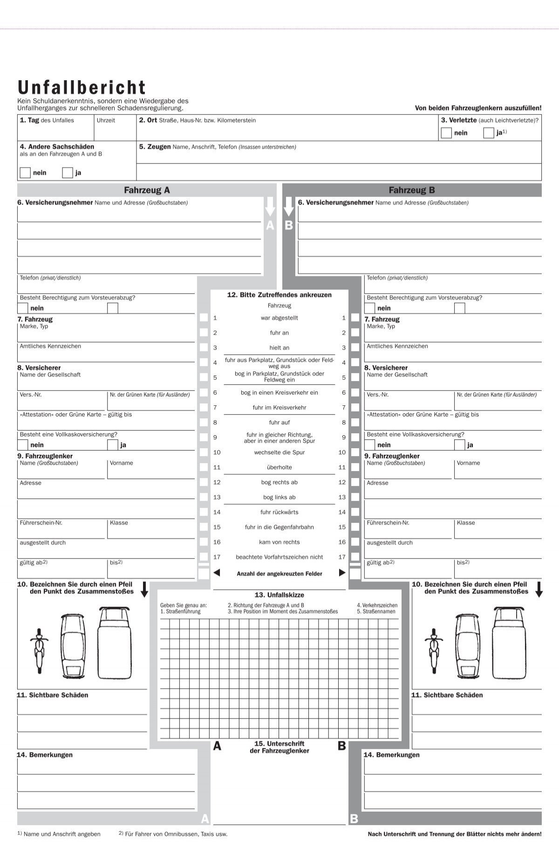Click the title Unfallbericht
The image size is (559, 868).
82,88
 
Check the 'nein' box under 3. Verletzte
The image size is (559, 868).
446,133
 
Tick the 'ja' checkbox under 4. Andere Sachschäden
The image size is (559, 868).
68,173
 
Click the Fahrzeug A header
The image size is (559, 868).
147,190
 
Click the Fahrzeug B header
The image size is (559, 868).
412,190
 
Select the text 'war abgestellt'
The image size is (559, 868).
279,318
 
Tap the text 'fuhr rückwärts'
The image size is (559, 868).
279,513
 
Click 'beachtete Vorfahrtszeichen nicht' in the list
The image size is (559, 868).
279,557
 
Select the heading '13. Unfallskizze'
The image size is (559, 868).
279,595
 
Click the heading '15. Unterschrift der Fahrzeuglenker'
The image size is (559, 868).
279,747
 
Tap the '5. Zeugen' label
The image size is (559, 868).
155,147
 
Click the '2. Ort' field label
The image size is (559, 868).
148,120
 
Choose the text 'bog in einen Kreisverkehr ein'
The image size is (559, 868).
279,393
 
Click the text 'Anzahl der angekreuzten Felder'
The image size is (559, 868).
279,574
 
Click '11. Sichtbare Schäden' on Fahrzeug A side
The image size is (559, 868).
52,695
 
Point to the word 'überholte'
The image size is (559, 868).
279,467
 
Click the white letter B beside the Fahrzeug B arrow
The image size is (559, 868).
289,226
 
